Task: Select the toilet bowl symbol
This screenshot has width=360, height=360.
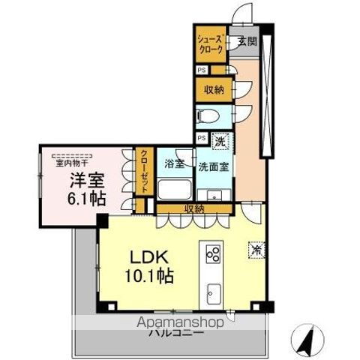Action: [x=209, y=116]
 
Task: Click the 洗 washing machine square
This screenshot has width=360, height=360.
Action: [x=220, y=139]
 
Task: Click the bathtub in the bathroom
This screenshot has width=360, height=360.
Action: [x=174, y=187]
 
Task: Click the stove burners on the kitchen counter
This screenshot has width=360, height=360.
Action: [x=211, y=253]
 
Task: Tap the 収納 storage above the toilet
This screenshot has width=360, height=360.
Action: [x=214, y=90]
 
